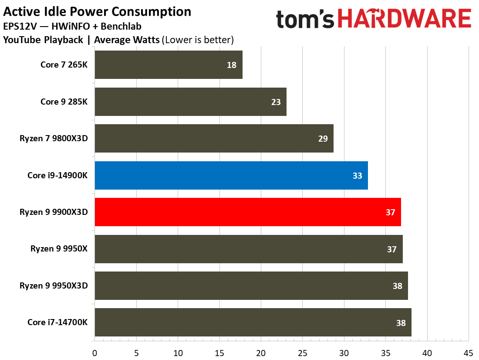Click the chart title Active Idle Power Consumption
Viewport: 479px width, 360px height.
[97, 11]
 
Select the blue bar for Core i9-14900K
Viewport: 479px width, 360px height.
[231, 175]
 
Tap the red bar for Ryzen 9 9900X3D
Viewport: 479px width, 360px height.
[247, 212]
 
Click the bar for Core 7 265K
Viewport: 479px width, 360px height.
[168, 65]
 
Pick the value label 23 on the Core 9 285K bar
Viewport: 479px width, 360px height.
[275, 102]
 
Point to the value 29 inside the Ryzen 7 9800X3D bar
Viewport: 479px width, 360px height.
[322, 139]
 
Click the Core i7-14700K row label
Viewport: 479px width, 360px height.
[57, 323]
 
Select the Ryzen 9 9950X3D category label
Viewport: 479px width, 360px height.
[54, 286]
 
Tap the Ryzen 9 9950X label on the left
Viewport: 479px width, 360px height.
[59, 249]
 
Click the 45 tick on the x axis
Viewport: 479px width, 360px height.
[469, 352]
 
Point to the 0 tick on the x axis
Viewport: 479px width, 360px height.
[94, 352]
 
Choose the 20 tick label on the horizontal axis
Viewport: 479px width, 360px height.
[261, 352]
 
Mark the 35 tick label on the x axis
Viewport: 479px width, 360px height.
[385, 352]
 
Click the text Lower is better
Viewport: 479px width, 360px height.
[198, 40]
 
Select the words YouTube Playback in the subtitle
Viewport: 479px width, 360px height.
[43, 40]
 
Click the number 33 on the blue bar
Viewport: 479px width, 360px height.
[357, 176]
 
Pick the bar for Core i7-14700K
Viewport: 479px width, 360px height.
[253, 323]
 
